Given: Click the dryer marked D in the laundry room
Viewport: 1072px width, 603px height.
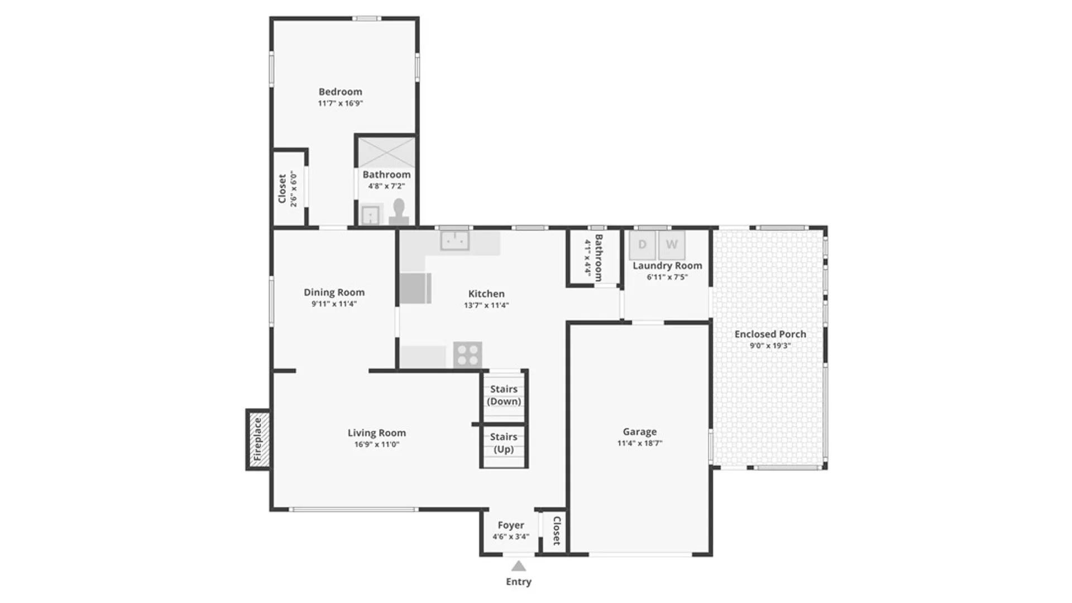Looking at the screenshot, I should [x=642, y=245].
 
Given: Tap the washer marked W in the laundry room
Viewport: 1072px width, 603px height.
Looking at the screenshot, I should [x=672, y=245].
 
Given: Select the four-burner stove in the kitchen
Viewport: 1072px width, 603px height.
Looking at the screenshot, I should [x=467, y=355].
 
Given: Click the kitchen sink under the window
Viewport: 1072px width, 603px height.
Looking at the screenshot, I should [x=455, y=241].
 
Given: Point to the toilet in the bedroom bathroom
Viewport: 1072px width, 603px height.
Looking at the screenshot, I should [x=399, y=213].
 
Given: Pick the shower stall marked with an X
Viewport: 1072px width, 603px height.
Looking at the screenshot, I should [x=386, y=152].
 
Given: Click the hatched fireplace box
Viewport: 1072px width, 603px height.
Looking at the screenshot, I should [x=259, y=439].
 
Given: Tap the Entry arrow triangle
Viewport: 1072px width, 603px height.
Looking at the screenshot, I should [x=519, y=566].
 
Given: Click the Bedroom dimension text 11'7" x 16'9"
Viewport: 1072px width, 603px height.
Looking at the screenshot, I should [x=341, y=103].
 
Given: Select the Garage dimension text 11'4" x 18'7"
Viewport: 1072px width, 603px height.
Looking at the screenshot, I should [x=640, y=443].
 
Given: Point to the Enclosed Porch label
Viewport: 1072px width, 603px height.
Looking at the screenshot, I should [x=770, y=334].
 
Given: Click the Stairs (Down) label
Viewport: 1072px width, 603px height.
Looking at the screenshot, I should [x=504, y=395].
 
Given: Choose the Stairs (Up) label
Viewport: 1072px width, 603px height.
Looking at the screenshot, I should [x=504, y=443].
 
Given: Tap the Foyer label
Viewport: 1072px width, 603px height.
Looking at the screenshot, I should [x=511, y=525].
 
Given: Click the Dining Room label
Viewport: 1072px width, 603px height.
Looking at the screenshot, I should [x=334, y=292].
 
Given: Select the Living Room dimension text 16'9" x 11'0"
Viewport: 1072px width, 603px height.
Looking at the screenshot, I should [x=377, y=444].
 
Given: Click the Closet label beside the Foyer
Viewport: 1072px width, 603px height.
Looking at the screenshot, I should [x=556, y=530].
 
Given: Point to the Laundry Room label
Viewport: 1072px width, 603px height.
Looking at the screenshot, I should [x=667, y=266].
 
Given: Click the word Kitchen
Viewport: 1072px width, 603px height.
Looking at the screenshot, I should [x=486, y=294].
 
